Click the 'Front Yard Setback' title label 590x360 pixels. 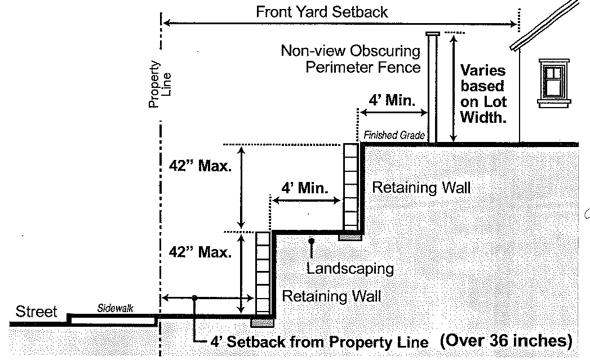click(x=322, y=12)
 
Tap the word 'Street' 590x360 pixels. click(x=36, y=312)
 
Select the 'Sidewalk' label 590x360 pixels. click(x=115, y=308)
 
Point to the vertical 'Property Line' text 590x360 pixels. click(x=159, y=85)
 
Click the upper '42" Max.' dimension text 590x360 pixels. click(x=200, y=166)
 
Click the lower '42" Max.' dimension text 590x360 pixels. click(x=200, y=252)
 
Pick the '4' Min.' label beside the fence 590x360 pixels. click(x=392, y=100)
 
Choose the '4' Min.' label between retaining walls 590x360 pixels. click(x=305, y=188)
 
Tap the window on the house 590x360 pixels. click(x=554, y=83)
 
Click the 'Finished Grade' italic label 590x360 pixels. click(x=394, y=135)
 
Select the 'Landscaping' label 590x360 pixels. click(x=350, y=269)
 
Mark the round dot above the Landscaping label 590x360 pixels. click(x=311, y=241)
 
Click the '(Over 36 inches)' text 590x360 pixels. click(x=506, y=340)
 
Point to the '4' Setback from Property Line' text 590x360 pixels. click(x=319, y=342)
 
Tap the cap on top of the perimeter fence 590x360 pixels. click(x=432, y=34)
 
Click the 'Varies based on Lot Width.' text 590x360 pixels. click(x=483, y=94)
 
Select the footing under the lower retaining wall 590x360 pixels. click(x=262, y=322)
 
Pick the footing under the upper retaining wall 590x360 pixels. click(x=350, y=237)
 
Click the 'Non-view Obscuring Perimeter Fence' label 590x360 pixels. click(x=351, y=59)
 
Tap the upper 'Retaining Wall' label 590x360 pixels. click(x=421, y=188)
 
